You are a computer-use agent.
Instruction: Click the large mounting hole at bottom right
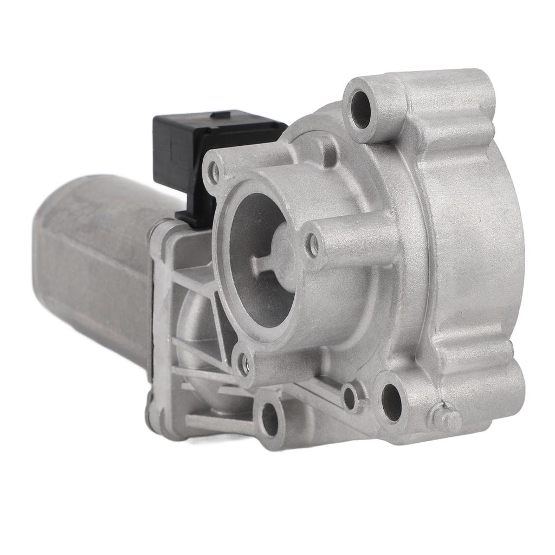click(x=391, y=402)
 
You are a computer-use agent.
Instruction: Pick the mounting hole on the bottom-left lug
click(x=269, y=418)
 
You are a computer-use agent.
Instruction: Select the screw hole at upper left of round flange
click(x=215, y=172)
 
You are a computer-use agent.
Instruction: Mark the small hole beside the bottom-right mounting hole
click(x=350, y=397)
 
